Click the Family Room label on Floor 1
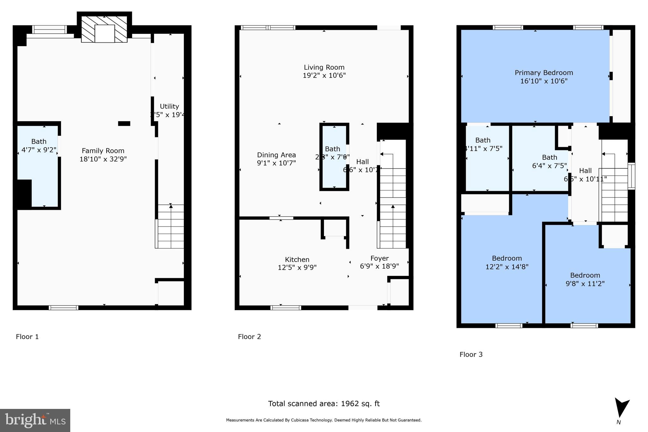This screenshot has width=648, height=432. [x=103, y=151]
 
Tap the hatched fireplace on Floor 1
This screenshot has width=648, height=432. [x=104, y=29]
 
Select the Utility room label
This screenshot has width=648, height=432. [x=169, y=106]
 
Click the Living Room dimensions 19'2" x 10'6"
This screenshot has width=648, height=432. [x=324, y=76]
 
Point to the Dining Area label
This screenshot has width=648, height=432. [x=276, y=155]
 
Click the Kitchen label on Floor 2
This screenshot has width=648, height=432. [x=297, y=260]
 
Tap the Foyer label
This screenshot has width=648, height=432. [x=379, y=258]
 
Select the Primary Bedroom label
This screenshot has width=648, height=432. [x=544, y=73]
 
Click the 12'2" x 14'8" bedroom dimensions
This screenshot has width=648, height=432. [x=507, y=267]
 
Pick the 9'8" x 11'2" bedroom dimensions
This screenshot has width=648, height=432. [x=585, y=284]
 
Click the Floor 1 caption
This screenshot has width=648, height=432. [x=27, y=337]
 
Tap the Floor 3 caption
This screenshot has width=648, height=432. [x=471, y=354]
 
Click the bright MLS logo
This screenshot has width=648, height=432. [x=35, y=420]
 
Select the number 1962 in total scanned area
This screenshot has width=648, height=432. [x=350, y=404]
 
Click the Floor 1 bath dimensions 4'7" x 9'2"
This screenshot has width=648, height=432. [x=39, y=150]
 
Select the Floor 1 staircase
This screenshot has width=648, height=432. [x=170, y=226]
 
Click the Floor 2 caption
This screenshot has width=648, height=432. [x=249, y=337]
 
